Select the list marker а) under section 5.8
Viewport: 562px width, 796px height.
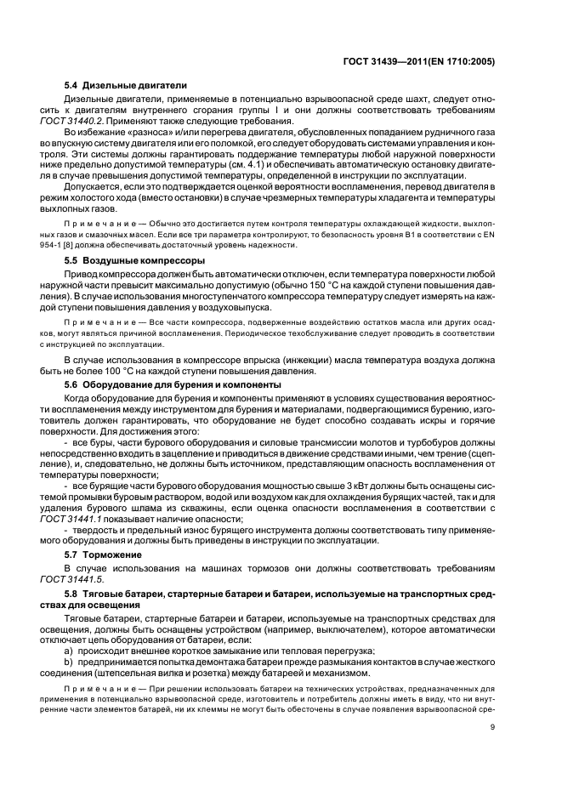[69, 650]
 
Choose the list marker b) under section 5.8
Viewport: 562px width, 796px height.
[69, 662]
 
